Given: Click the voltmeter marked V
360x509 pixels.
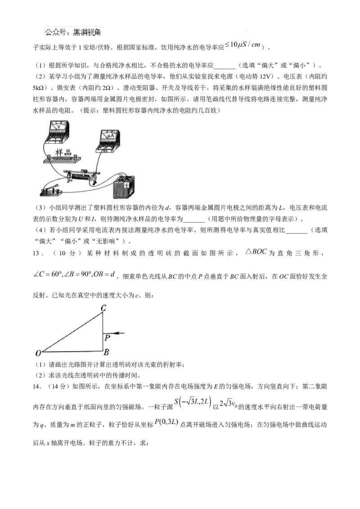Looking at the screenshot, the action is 57,132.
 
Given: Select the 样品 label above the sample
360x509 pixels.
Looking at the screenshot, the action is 63,152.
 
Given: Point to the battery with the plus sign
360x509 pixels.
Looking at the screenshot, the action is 123,187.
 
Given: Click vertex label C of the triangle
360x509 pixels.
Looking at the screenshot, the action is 103,308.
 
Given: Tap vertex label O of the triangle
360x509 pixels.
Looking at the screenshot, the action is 38,353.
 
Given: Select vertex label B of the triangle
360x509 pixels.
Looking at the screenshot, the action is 106,352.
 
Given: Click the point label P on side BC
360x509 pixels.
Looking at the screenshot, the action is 107,338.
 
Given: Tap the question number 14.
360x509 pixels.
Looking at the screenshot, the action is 37,386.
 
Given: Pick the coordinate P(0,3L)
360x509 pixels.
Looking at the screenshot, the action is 166,422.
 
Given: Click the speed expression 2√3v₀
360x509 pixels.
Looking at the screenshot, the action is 227,403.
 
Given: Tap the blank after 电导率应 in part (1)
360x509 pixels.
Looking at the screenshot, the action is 225,66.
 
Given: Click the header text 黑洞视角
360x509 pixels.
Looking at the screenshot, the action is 87,32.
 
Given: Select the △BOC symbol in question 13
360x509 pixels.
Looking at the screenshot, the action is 256,252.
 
